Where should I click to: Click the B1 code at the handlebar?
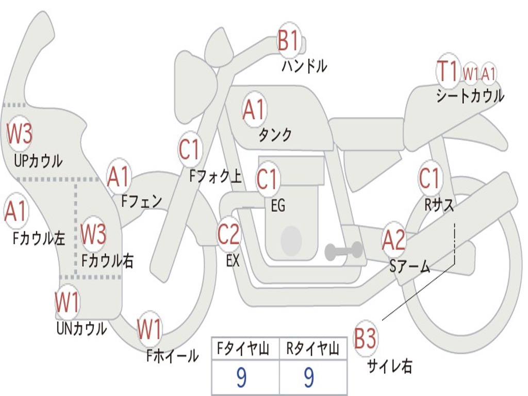click(x=288, y=41)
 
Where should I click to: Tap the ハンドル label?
click(x=304, y=66)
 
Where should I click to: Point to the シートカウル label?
click(x=470, y=96)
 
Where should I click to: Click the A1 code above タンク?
click(x=254, y=109)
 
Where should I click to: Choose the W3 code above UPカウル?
click(x=20, y=134)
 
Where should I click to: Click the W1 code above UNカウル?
click(x=67, y=303)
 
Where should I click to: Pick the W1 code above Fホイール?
click(x=149, y=329)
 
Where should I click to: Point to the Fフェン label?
click(x=142, y=201)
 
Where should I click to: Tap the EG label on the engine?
click(x=277, y=206)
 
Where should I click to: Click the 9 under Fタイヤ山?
click(x=241, y=377)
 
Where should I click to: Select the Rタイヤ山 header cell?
click(x=313, y=350)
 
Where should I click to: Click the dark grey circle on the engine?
click(x=291, y=240)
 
